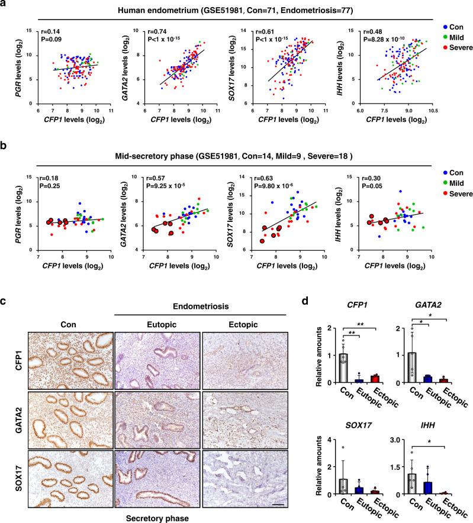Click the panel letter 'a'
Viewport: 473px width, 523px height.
point(5,5)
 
